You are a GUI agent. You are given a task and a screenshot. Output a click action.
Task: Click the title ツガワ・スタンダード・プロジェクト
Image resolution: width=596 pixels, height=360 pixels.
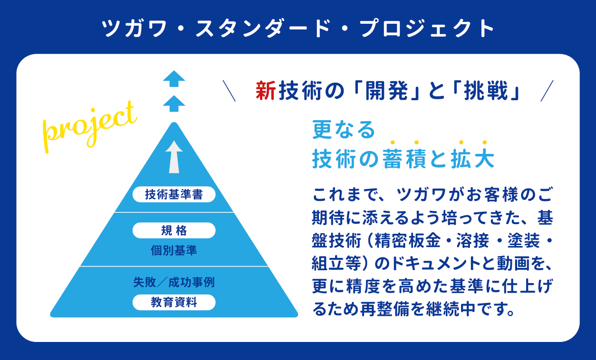[x=298, y=28]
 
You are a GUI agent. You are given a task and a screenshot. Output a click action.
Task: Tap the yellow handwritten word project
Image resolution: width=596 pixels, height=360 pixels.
[x=89, y=127]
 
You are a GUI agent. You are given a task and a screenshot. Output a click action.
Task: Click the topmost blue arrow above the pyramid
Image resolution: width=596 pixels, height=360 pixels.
[x=174, y=79]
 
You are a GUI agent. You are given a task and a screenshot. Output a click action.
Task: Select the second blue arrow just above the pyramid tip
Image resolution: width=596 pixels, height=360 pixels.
[x=174, y=104]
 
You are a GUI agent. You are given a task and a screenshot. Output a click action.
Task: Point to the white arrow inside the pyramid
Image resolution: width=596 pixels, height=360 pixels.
[x=174, y=157]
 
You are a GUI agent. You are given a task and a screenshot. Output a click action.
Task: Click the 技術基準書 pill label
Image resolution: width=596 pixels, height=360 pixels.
[x=174, y=194]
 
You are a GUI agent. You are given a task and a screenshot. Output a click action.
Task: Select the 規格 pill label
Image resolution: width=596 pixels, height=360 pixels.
[x=174, y=230]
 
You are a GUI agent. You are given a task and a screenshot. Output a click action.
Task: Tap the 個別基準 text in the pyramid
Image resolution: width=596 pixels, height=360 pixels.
[x=174, y=250]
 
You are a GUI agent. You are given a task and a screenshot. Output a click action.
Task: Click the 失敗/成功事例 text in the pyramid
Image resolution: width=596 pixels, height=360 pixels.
[x=174, y=283]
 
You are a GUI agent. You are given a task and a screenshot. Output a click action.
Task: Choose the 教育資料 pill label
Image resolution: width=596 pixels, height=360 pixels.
[x=174, y=303]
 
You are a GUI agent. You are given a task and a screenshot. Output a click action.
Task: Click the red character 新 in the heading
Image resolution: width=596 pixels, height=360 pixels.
[x=266, y=91]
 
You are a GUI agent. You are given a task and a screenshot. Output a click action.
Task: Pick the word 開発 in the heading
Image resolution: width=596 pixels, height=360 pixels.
[x=386, y=91]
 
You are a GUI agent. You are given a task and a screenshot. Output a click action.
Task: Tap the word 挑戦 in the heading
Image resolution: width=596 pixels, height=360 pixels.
[x=486, y=91]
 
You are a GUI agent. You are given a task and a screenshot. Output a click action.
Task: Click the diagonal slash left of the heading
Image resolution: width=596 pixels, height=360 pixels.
[x=229, y=91]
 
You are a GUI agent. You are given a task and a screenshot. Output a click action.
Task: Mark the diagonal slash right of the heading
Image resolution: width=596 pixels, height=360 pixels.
[x=547, y=91]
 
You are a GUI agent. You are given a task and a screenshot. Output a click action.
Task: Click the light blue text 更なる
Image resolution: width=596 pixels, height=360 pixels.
[x=344, y=130]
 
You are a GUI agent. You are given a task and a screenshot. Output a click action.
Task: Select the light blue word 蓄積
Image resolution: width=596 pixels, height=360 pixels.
[x=404, y=159]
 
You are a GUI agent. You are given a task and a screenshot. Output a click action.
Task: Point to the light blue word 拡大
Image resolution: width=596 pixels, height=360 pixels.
[x=472, y=159]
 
